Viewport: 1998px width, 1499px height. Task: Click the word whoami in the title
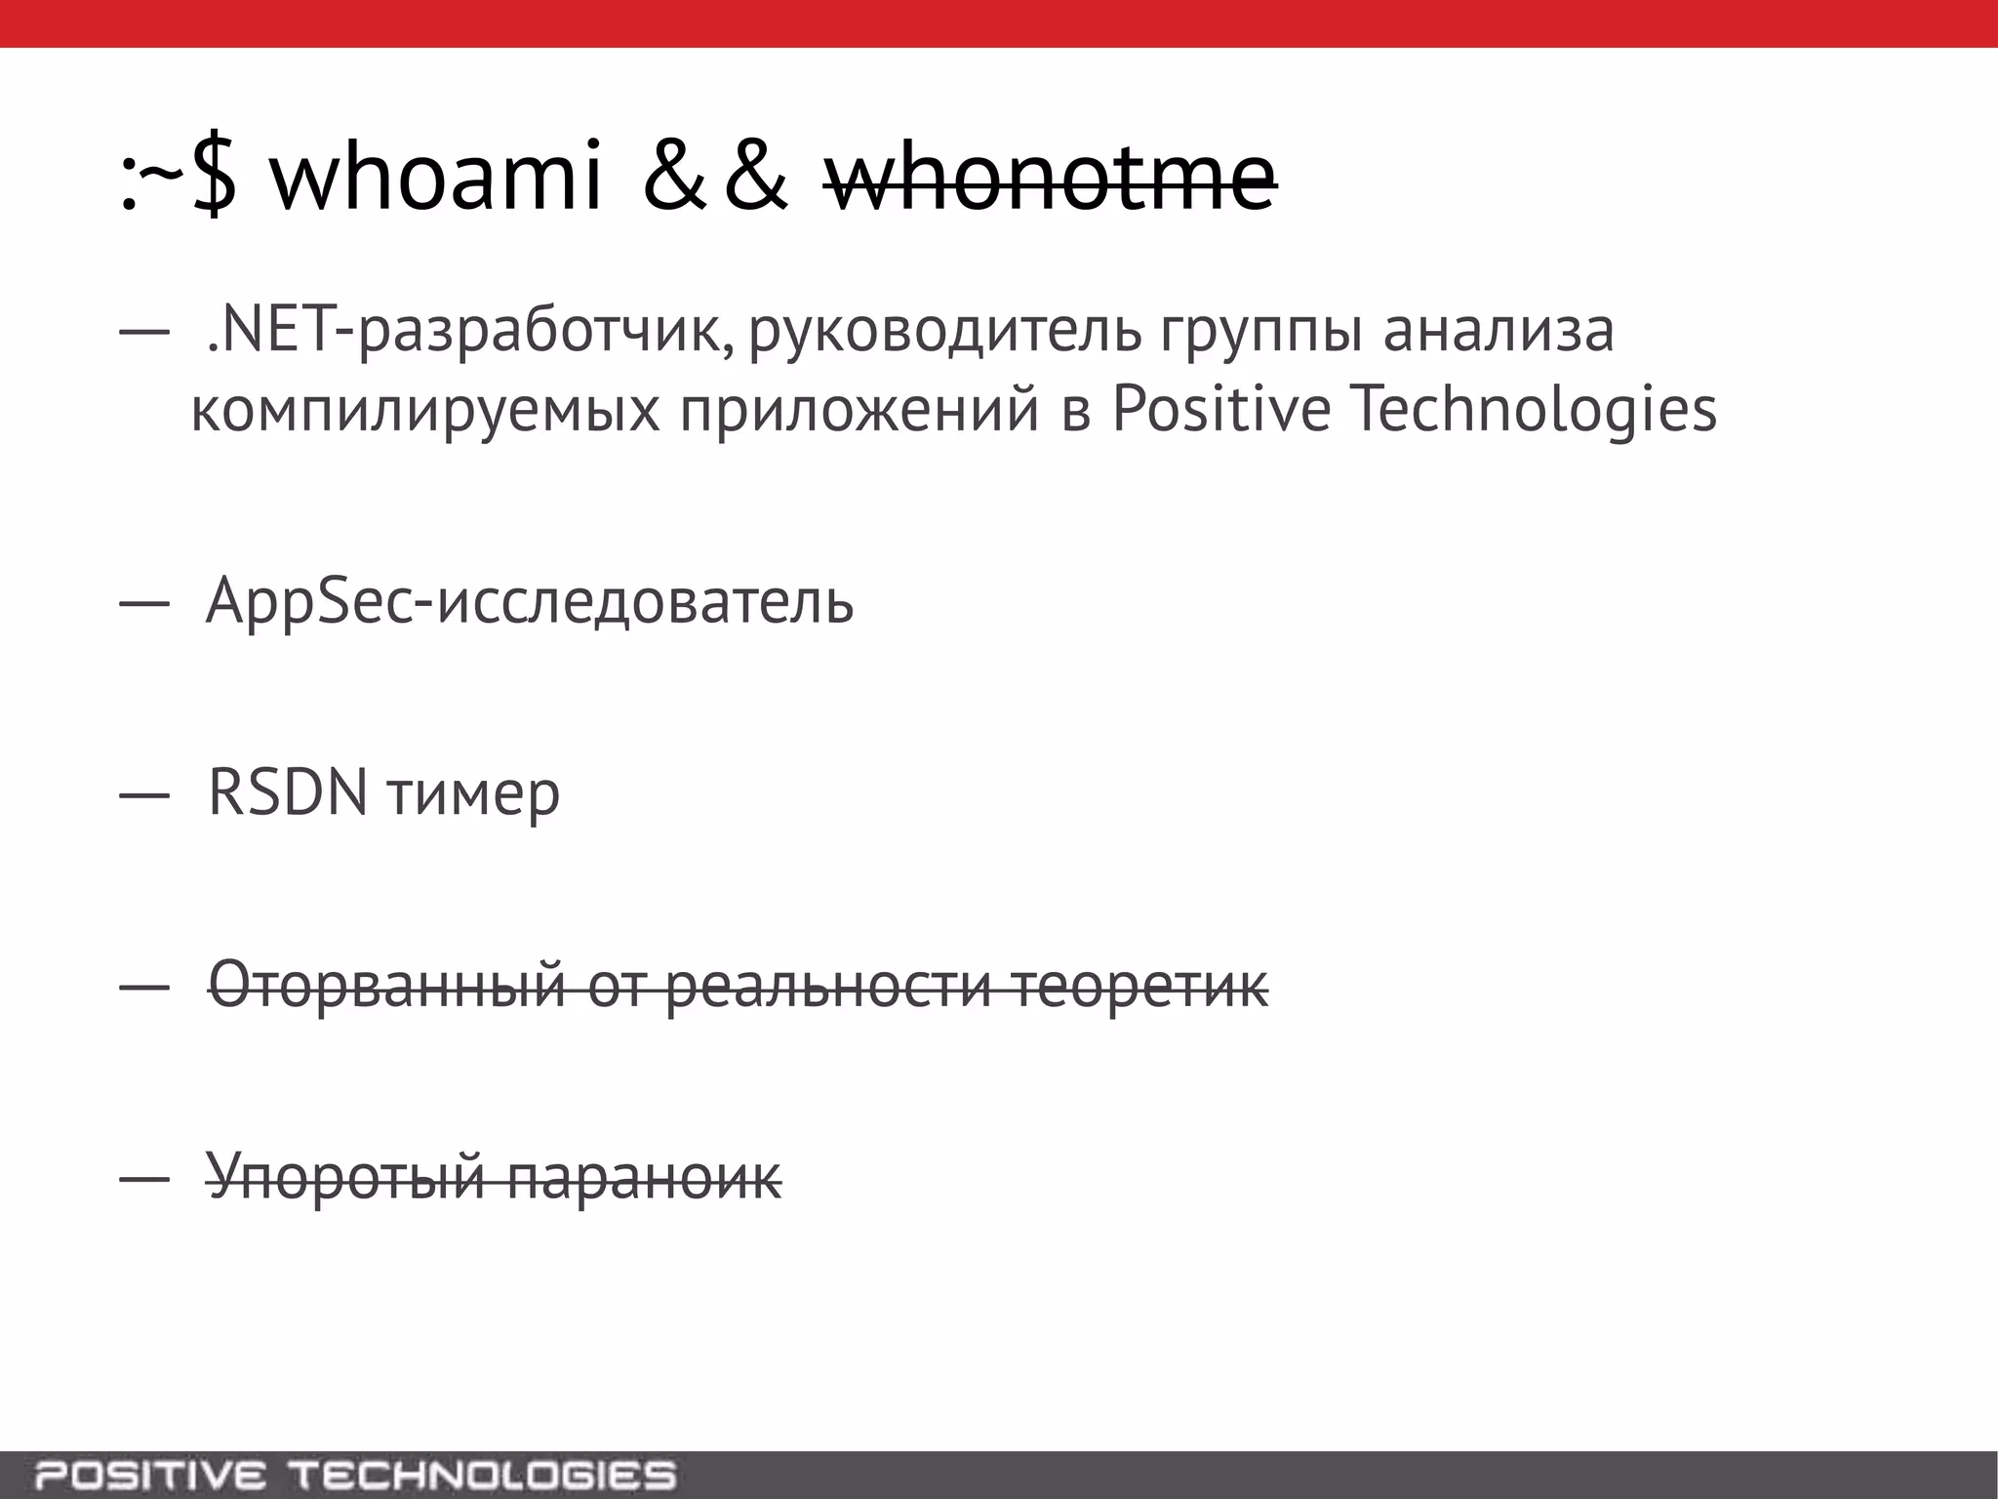436,179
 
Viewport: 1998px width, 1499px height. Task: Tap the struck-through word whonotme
1050,179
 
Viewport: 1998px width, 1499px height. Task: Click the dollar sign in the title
214,179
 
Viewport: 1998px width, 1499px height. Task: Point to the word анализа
1498,331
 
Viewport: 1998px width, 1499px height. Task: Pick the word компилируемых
424,410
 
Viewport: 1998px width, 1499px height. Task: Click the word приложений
859,410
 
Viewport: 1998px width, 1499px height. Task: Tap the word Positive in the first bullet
1220,410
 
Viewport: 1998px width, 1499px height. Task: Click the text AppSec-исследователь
530,601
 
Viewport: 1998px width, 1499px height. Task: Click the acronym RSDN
288,792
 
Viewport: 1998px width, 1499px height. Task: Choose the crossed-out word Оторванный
387,985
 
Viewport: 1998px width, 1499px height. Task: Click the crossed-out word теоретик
1139,985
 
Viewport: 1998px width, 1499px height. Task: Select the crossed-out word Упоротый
345,1176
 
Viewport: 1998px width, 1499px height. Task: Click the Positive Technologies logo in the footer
355,1475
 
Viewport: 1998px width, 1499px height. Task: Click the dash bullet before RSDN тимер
138,795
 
